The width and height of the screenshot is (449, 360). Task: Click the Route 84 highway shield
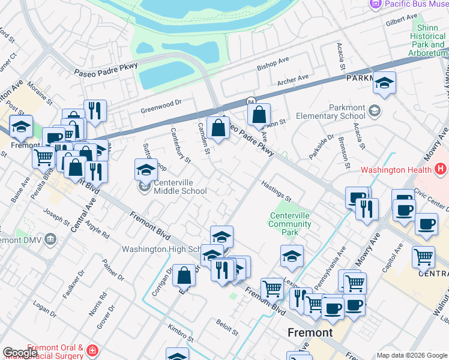251,101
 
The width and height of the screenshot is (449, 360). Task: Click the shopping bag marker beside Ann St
259,115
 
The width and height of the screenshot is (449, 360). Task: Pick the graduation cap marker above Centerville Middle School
145,170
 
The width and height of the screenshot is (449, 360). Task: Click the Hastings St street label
276,191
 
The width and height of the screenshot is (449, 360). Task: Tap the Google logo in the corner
20,353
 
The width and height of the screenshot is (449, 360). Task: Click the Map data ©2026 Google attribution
411,355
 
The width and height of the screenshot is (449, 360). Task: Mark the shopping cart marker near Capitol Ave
423,257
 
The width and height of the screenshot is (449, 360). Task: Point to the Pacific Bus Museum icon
375,4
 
